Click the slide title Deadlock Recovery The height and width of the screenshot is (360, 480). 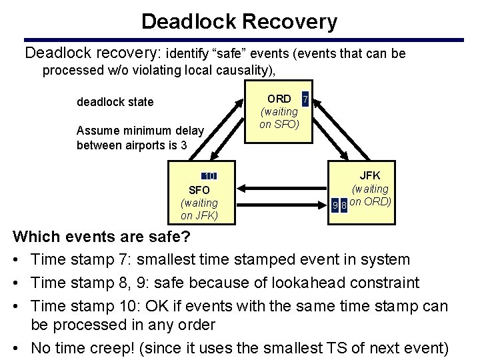[x=239, y=21]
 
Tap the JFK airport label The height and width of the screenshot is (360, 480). [x=370, y=175]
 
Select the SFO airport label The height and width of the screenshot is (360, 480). [x=199, y=190]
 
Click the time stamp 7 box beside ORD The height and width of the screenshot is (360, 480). [x=305, y=99]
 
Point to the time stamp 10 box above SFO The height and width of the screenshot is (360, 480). [x=209, y=176]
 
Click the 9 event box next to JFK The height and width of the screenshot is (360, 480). [x=335, y=205]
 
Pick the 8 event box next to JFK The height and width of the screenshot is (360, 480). [x=344, y=205]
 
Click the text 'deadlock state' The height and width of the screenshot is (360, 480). [x=115, y=102]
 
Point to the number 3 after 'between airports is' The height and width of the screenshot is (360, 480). [x=183, y=145]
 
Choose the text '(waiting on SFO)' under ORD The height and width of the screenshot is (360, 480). [x=279, y=118]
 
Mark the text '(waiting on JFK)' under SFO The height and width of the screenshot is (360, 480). [x=199, y=209]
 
